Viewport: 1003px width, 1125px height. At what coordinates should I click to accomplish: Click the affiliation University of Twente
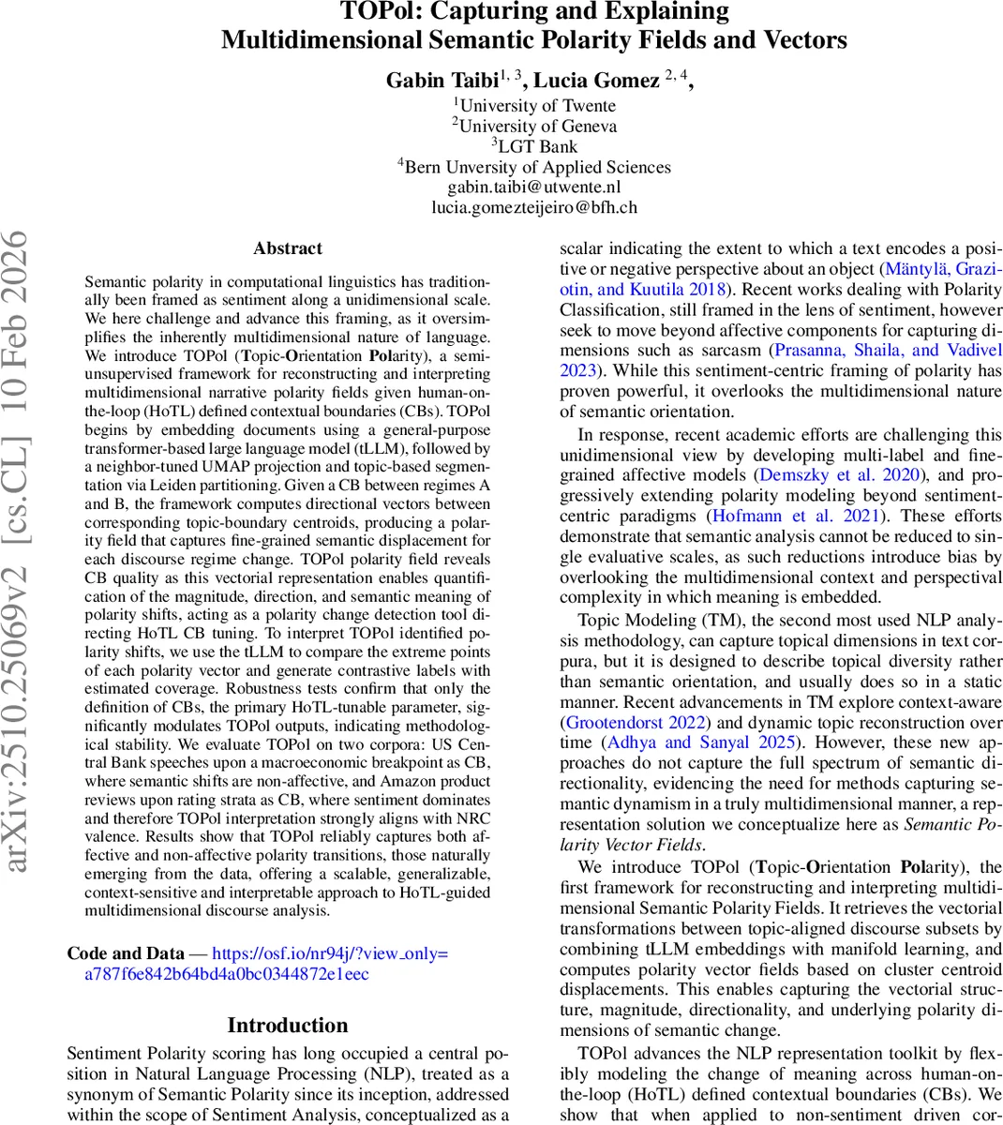point(536,106)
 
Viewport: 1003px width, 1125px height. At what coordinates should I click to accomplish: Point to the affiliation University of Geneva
point(536,126)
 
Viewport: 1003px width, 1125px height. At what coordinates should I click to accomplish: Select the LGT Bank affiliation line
point(536,146)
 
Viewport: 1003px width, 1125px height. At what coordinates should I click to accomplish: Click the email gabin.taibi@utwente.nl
point(534,187)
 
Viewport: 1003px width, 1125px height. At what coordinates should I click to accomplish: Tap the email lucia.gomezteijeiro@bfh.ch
point(534,208)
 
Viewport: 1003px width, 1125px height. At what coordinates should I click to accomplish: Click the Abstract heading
point(288,248)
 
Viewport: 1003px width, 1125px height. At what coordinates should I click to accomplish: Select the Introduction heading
point(288,1026)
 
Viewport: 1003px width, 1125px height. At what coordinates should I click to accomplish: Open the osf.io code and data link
point(330,954)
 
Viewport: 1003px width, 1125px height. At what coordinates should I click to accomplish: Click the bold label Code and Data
point(125,954)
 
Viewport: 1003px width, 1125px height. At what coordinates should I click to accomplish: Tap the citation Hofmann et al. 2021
point(797,517)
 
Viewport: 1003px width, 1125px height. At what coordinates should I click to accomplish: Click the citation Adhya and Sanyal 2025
point(700,742)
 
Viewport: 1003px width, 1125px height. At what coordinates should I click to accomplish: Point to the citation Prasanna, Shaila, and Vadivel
point(887,351)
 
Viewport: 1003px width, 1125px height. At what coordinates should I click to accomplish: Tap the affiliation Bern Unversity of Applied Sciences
point(534,167)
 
